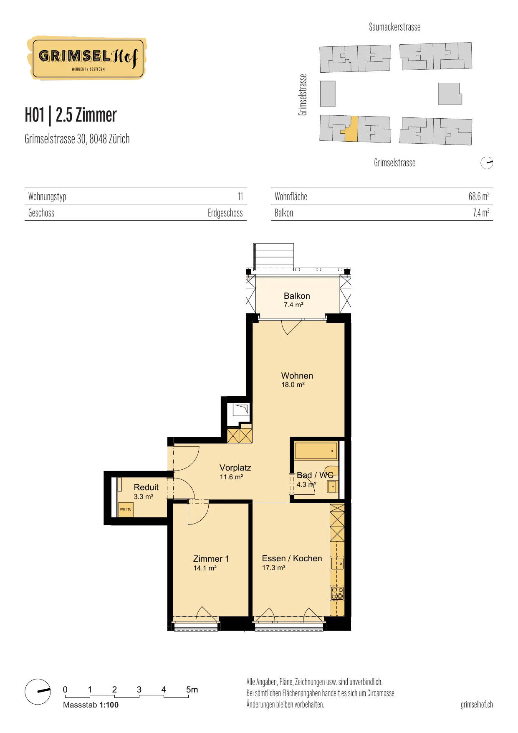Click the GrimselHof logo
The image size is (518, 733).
87,58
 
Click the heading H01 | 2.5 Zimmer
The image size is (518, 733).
71,115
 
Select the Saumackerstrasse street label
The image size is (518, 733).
394,27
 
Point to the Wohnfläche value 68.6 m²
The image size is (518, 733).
479,196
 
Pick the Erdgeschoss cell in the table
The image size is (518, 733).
225,213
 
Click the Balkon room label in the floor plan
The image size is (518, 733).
297,296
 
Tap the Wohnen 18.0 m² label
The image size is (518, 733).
297,379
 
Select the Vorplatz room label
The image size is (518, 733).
235,468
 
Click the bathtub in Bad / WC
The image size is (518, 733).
316,451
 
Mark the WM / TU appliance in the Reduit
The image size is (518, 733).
126,509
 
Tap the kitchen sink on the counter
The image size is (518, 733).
337,563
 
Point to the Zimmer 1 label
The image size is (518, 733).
211,559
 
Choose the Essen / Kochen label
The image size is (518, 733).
292,558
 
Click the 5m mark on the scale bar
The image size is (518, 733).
192,690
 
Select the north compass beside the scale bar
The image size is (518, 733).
38,692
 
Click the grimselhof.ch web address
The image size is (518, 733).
477,705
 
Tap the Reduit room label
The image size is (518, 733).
146,487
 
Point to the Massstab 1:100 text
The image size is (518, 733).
91,705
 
